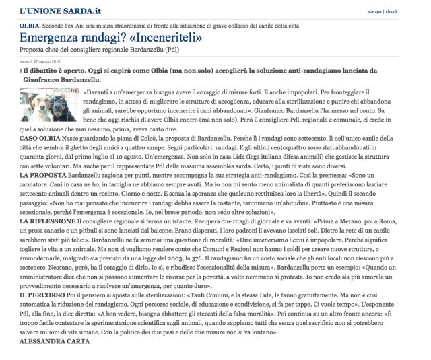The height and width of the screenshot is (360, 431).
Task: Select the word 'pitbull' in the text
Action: pos(98,248)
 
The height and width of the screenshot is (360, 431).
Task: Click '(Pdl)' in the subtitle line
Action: pos(194,50)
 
